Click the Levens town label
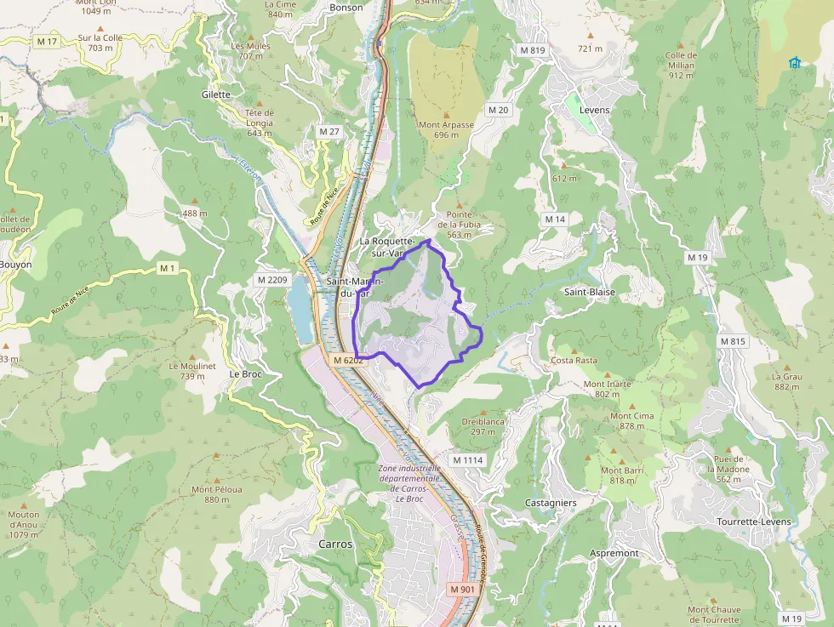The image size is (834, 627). point(595,110)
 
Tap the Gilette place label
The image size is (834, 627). point(216,94)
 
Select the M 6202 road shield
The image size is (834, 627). point(349,361)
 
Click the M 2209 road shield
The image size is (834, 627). point(273,280)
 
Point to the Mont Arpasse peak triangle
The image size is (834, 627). point(446,114)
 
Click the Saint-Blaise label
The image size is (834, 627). point(590,292)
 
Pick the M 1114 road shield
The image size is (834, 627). point(468,460)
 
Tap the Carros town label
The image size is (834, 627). point(334,544)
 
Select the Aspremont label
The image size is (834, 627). point(614,553)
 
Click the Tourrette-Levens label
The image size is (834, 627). point(754,522)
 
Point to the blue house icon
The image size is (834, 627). point(795,62)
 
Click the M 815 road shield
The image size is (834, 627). point(733,341)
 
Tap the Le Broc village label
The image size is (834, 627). point(246,373)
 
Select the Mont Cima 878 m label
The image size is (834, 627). point(632,421)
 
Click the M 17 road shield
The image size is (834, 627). point(47,41)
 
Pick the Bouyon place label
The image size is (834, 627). point(15,265)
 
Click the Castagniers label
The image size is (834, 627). point(551,503)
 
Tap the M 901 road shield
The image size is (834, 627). point(462,590)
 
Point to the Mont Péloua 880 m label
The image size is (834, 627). point(216,494)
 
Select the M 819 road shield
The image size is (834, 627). point(532,50)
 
